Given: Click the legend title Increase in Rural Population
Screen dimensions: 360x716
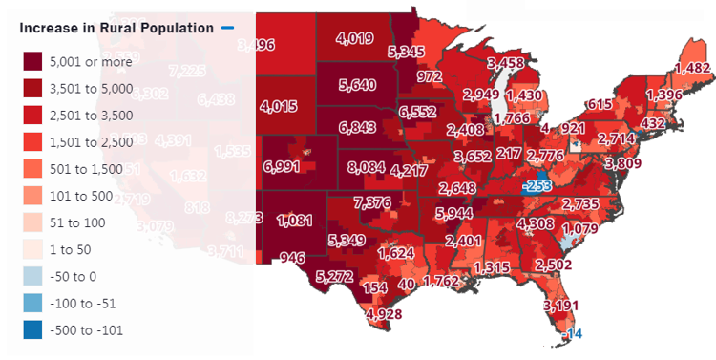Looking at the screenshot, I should click(x=116, y=28).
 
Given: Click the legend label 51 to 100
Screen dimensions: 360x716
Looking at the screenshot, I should click(x=83, y=222).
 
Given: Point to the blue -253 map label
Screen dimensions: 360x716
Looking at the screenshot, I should click(x=539, y=187).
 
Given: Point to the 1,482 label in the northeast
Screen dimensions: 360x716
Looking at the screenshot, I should click(x=692, y=68).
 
